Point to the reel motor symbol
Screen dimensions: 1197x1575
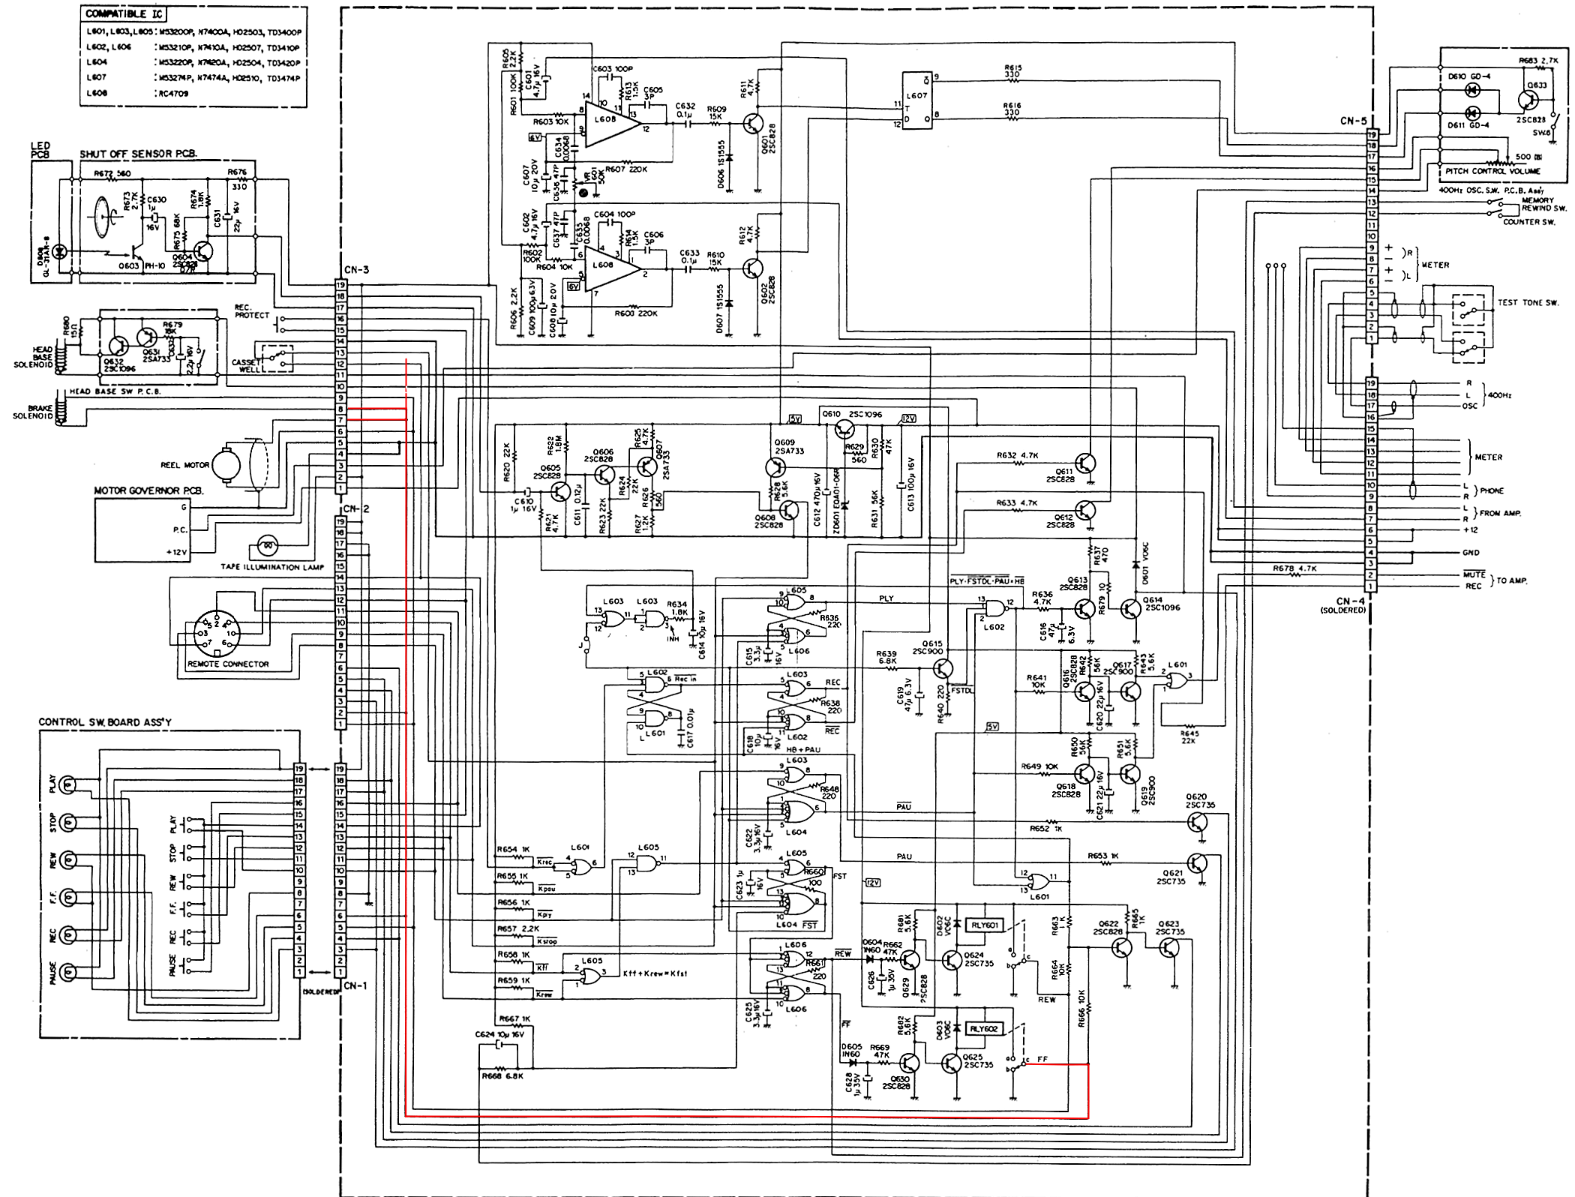226,466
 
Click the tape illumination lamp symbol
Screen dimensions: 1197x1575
268,544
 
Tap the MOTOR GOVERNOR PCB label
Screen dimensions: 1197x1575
148,490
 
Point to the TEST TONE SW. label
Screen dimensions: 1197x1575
1528,303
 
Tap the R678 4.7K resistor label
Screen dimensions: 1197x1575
1293,568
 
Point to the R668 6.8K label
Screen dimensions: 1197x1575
502,1076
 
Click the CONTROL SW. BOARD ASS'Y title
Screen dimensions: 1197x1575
105,722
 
